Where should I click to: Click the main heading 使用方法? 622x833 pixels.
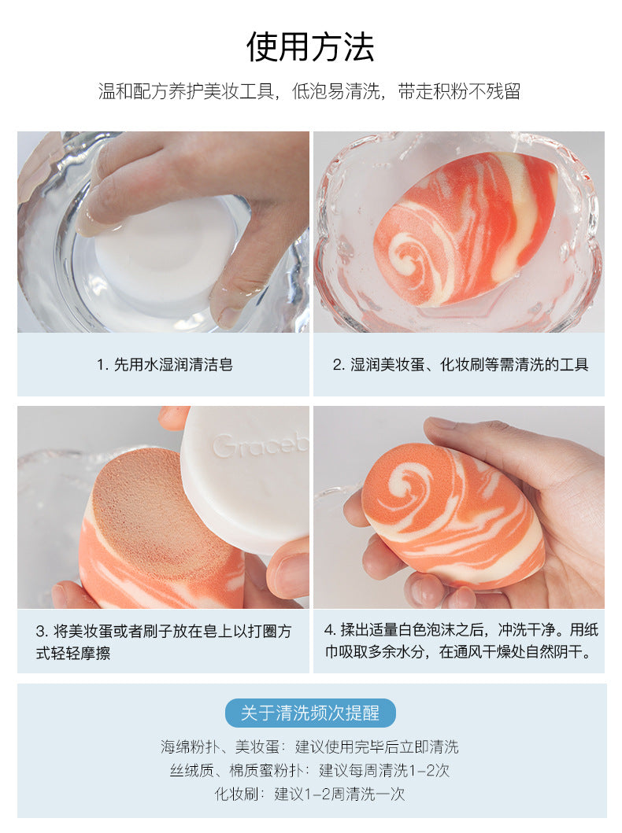tap(310, 46)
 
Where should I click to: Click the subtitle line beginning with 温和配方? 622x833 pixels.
tap(309, 91)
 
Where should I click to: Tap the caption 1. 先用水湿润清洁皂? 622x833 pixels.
tap(165, 364)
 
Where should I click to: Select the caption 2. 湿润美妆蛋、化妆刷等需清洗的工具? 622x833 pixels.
tap(461, 364)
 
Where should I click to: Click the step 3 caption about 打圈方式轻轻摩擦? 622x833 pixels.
tap(164, 642)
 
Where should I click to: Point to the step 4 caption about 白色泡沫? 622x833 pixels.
tap(461, 641)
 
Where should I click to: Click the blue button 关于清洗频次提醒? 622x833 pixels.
tap(310, 713)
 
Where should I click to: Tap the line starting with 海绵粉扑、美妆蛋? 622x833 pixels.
tap(309, 747)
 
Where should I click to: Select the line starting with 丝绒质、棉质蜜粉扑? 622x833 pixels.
tap(309, 770)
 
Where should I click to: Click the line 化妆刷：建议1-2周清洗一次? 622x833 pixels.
tap(309, 794)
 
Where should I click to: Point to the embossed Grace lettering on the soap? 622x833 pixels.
tap(261, 445)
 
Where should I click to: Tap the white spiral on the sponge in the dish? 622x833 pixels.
tap(412, 255)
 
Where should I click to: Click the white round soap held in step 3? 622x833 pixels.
tap(246, 478)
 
